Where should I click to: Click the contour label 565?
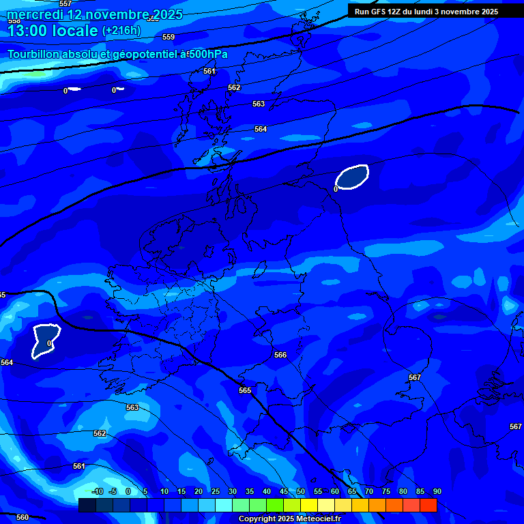(x=245, y=390)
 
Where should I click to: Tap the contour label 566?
(x=280, y=355)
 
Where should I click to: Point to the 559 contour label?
(x=169, y=37)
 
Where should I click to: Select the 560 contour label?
(x=23, y=517)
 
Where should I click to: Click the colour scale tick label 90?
(x=437, y=491)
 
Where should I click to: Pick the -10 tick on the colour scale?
(x=98, y=491)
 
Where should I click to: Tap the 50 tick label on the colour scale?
(x=300, y=491)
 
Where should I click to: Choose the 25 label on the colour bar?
(x=215, y=491)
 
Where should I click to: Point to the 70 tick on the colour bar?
(x=368, y=491)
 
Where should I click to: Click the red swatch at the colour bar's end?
(x=428, y=505)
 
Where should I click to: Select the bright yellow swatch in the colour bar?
(x=308, y=505)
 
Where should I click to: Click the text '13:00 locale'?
(x=53, y=31)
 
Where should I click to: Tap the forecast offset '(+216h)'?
(x=121, y=31)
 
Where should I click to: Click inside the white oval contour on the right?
(x=353, y=177)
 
